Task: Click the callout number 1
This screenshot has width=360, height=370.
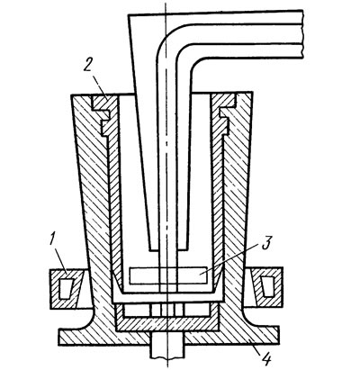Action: [53, 240]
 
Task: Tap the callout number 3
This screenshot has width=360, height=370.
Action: [265, 244]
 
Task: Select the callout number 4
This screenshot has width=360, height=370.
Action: [266, 358]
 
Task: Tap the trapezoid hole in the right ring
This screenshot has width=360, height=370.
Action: [267, 287]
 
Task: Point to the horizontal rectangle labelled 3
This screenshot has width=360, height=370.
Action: [168, 275]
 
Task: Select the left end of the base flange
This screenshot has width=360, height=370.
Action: [59, 338]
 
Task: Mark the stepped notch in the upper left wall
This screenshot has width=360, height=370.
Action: [102, 115]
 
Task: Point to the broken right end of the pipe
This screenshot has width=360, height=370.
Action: [303, 34]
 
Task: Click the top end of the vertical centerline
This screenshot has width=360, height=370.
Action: [166, 3]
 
